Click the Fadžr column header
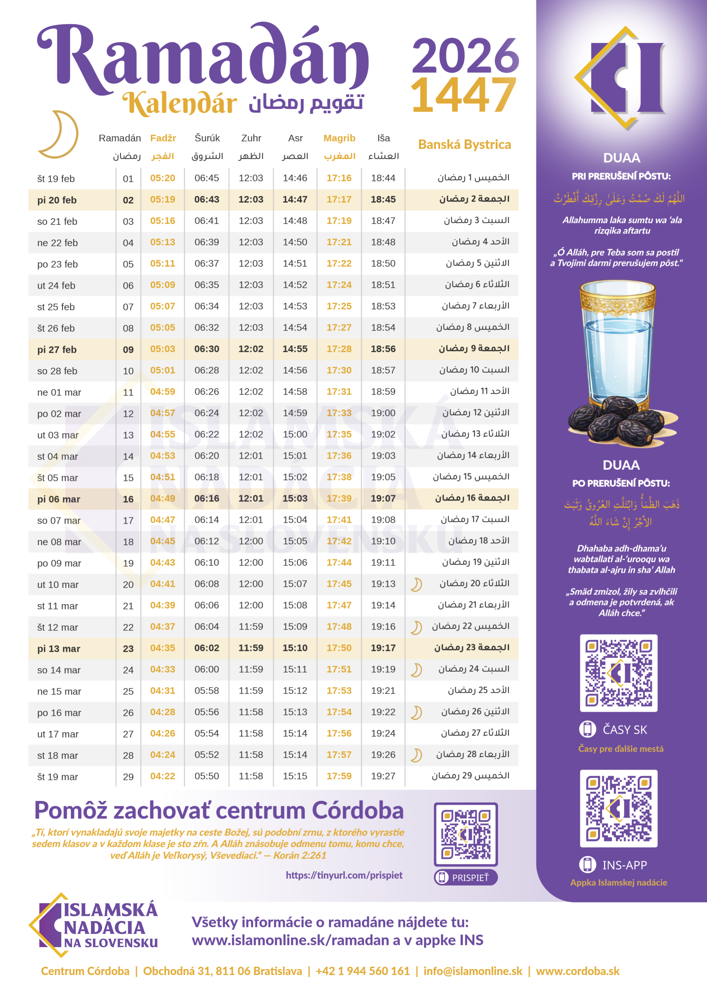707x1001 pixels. pos(163,138)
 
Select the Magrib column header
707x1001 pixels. pos(339,138)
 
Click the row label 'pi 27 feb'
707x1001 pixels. pos(57,350)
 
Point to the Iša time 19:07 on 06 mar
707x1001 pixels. pos(383,498)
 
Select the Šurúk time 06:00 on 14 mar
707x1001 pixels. pos(207,669)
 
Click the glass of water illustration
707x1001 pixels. pos(617,345)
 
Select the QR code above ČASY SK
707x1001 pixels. pos(619,673)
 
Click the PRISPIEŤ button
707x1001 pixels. pos(465,877)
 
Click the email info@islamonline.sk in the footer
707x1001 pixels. pos(473,971)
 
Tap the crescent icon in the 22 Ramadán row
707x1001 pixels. pos(416,627)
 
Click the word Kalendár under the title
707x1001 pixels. pos(180,104)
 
